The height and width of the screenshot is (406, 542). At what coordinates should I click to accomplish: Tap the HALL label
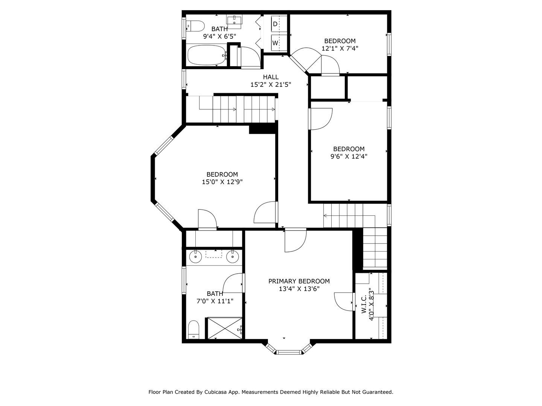tap(271, 77)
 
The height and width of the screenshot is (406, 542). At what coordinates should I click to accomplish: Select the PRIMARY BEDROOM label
tap(299, 281)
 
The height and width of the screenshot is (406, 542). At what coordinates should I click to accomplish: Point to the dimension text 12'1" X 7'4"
tap(340, 48)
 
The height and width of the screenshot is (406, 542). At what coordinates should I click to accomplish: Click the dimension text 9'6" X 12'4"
tap(349, 156)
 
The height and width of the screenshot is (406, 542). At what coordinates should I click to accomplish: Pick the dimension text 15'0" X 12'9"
tap(222, 182)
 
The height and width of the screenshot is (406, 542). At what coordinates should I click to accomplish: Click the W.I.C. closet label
tap(364, 304)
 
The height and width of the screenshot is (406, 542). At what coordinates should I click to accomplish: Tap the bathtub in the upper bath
tap(206, 55)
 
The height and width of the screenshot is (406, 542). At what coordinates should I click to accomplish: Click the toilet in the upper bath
tap(196, 26)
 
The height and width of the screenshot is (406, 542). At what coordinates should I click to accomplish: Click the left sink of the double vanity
tap(195, 257)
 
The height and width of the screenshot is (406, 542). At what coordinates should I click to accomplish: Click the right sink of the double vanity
tap(233, 257)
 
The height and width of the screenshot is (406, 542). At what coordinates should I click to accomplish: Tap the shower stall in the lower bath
tap(224, 328)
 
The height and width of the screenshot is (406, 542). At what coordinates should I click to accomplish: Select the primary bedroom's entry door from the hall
tap(295, 240)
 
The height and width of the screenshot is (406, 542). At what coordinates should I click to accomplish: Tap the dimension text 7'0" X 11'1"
tap(215, 301)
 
